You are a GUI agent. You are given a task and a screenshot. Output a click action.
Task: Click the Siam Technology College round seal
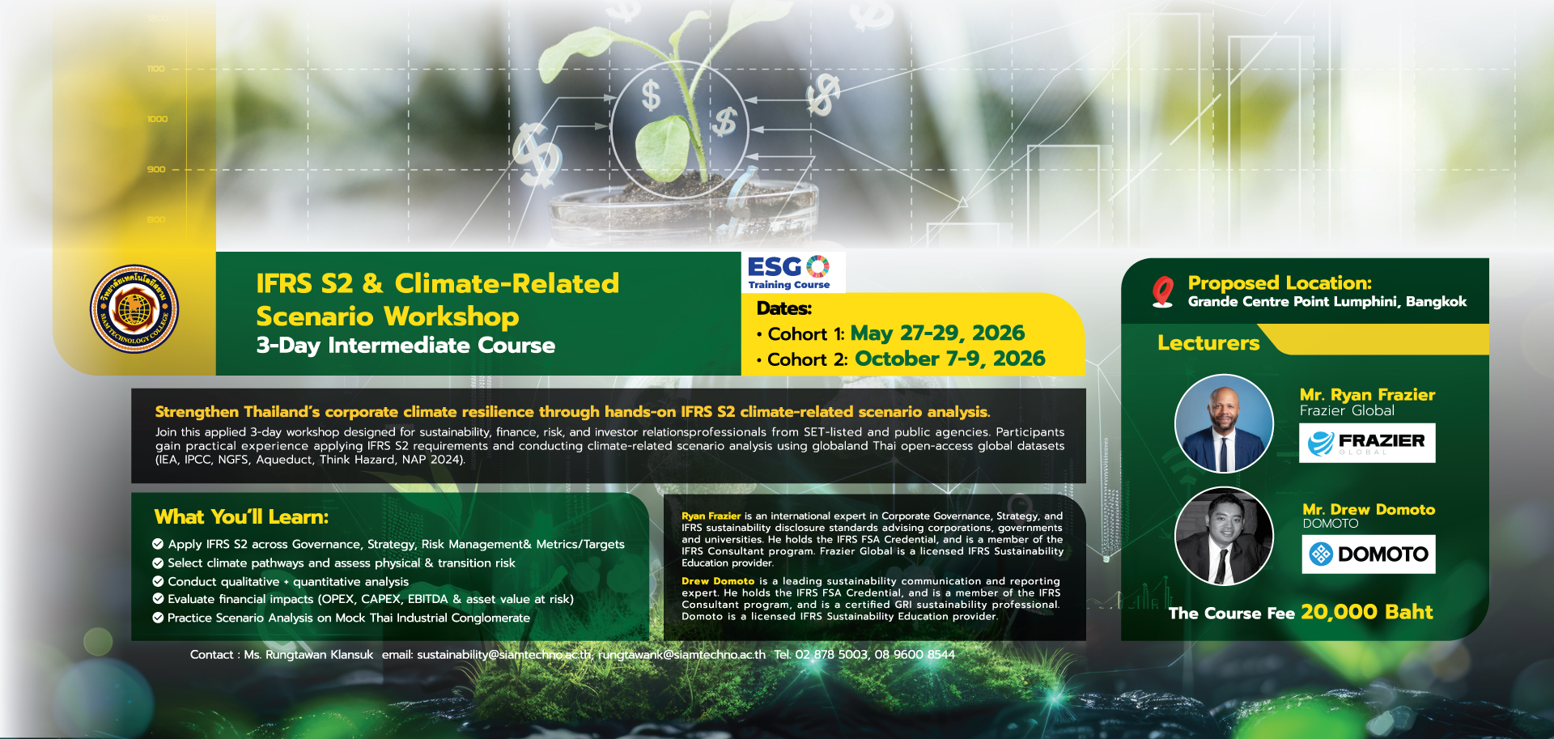pyautogui.click(x=134, y=309)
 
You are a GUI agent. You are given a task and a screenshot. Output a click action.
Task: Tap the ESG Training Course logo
pyautogui.click(x=789, y=273)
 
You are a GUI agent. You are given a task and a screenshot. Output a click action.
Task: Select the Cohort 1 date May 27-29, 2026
pyautogui.click(x=937, y=333)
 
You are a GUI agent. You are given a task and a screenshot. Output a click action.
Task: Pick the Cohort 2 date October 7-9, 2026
pyautogui.click(x=950, y=359)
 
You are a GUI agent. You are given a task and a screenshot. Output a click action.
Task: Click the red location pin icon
pyautogui.click(x=1163, y=291)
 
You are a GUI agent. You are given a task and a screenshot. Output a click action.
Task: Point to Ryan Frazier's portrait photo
pyautogui.click(x=1224, y=423)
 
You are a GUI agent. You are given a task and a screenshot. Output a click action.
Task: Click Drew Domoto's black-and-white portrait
pyautogui.click(x=1224, y=536)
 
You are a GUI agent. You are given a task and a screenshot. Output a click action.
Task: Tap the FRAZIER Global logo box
pyautogui.click(x=1367, y=443)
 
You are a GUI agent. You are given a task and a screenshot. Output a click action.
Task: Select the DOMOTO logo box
pyautogui.click(x=1369, y=554)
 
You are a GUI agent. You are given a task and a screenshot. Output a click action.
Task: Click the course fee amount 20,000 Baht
pyautogui.click(x=1367, y=612)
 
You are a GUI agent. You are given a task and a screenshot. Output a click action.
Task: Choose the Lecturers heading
pyautogui.click(x=1208, y=343)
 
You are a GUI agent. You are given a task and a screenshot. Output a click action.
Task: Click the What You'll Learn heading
pyautogui.click(x=241, y=517)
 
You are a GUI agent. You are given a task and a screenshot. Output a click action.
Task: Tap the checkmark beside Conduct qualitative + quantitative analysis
pyautogui.click(x=158, y=581)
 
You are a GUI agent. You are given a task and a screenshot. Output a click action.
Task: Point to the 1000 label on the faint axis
pyautogui.click(x=157, y=119)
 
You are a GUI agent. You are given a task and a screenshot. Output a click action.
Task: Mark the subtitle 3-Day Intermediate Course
pyautogui.click(x=405, y=346)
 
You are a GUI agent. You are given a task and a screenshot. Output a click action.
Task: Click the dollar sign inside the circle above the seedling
pyautogui.click(x=651, y=96)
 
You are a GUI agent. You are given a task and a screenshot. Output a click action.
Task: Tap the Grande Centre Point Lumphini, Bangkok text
pyautogui.click(x=1327, y=302)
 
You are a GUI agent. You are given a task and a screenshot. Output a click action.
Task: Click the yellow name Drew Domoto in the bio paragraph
pyautogui.click(x=718, y=581)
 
